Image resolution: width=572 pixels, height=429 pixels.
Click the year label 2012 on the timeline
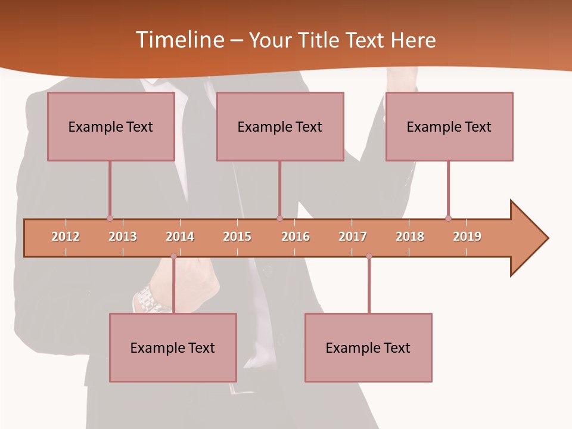click(66, 237)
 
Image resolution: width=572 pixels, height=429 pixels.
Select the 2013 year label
click(123, 237)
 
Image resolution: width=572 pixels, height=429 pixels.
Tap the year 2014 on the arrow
click(180, 237)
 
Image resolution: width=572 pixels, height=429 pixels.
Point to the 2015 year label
click(237, 237)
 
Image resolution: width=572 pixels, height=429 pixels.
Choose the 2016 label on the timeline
click(296, 237)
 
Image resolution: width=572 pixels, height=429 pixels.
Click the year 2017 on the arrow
click(353, 237)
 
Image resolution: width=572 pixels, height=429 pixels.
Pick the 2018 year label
click(410, 237)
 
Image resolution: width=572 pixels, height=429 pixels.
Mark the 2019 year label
click(467, 237)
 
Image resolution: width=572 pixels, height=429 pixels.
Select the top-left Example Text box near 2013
click(111, 126)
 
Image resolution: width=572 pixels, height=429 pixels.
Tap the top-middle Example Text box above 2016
click(280, 126)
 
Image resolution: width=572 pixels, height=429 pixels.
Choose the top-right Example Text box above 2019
click(449, 126)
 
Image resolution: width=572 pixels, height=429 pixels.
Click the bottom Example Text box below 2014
click(173, 347)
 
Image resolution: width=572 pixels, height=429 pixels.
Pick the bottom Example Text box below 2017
click(368, 347)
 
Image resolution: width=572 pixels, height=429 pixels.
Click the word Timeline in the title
click(179, 40)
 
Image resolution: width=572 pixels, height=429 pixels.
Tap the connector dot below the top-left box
click(110, 218)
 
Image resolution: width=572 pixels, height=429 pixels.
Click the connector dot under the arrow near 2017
click(369, 256)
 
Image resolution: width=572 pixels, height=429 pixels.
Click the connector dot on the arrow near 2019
click(448, 218)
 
